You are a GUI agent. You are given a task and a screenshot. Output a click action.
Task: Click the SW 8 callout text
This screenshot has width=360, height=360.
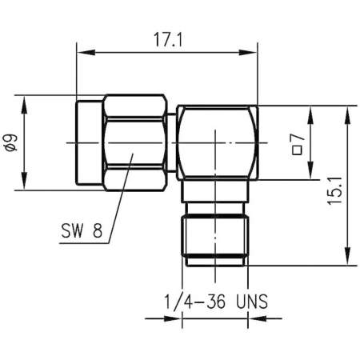pyautogui.click(x=82, y=234)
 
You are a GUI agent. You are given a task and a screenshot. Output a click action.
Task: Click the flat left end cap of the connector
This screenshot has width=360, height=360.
pyautogui.click(x=89, y=144)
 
